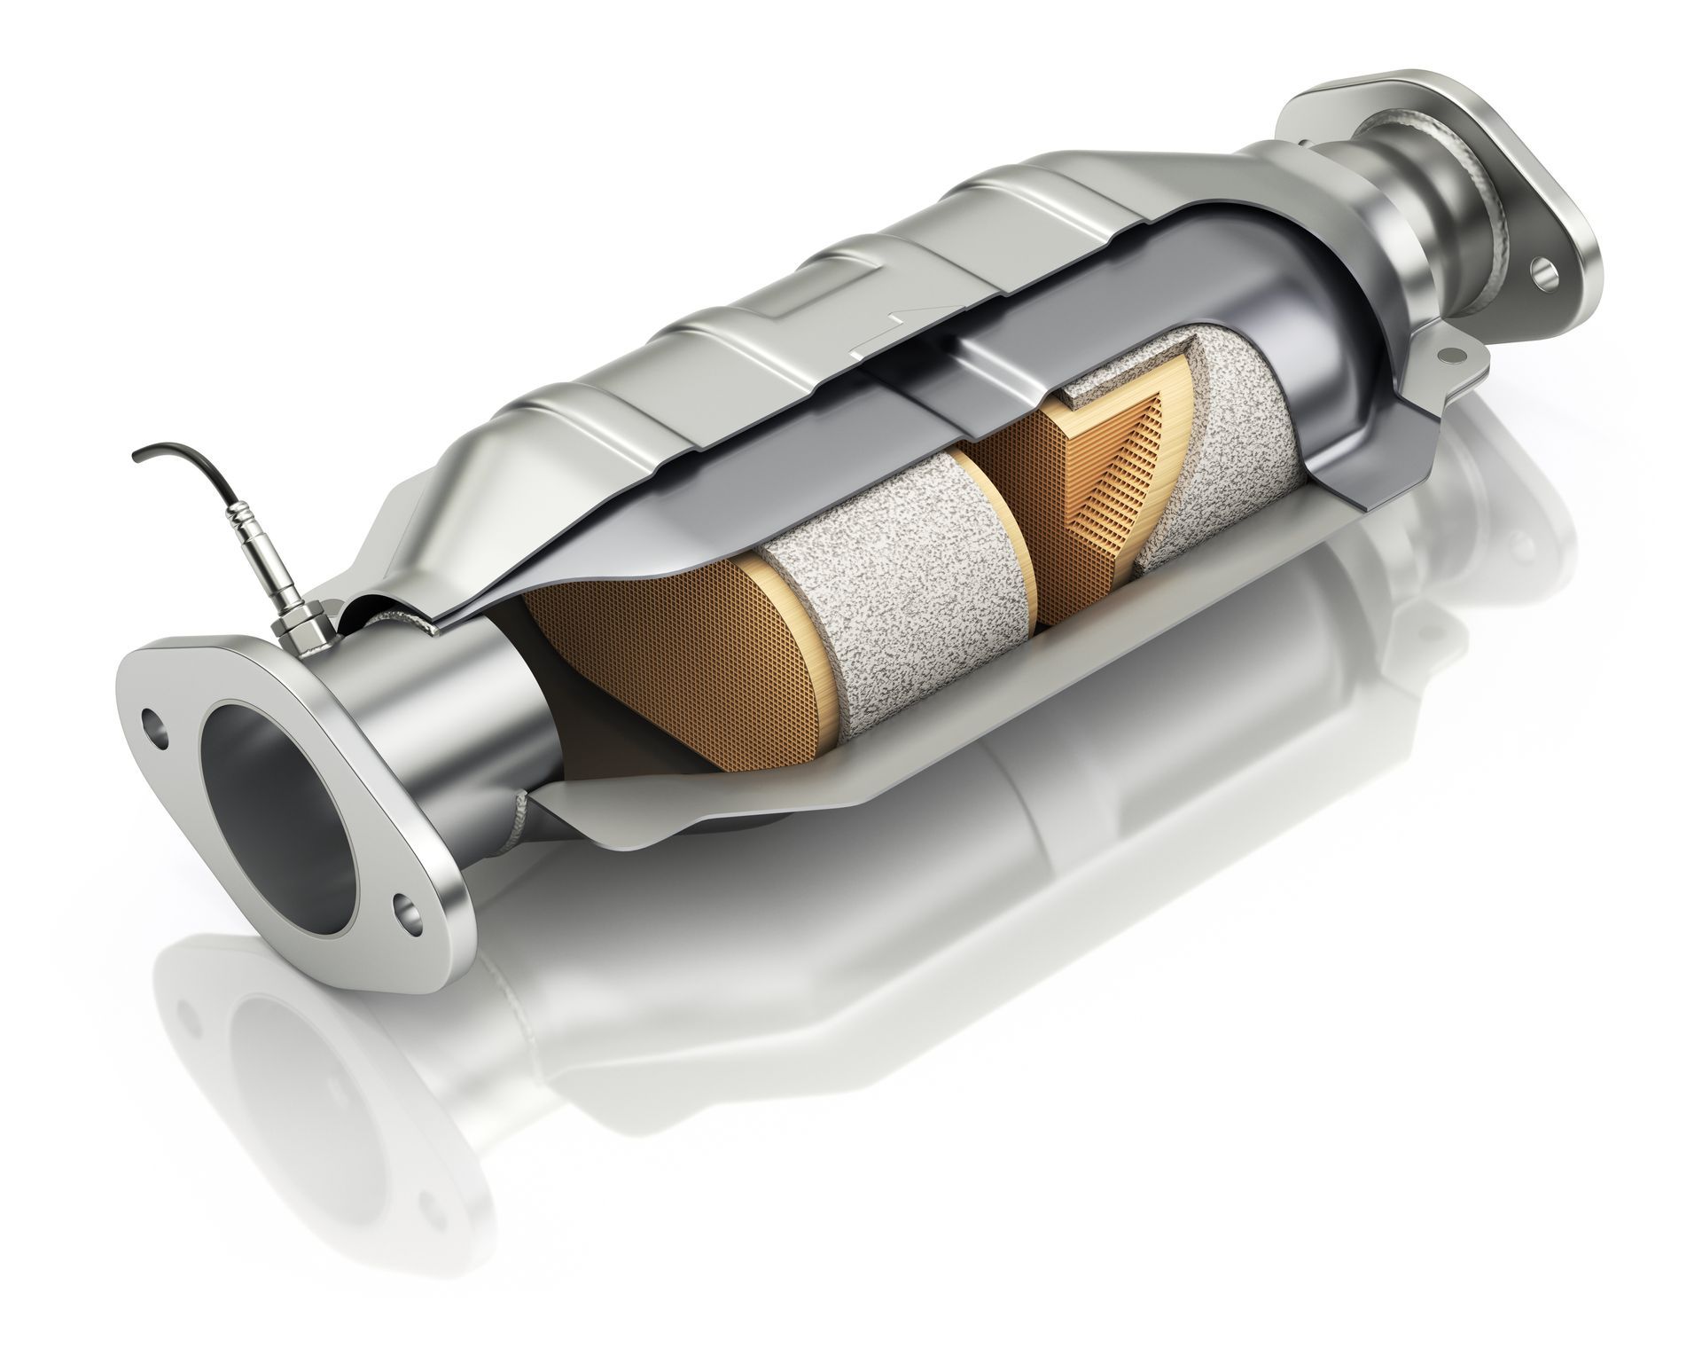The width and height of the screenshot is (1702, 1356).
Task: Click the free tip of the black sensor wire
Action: click(x=136, y=457)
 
